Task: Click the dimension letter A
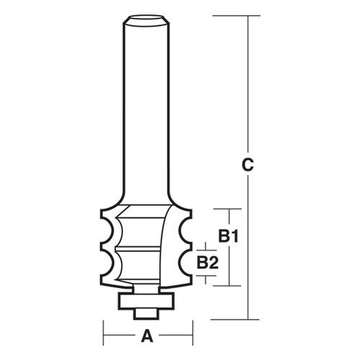coord(148,336)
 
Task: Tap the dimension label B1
coord(228,235)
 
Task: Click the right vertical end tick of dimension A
coord(192,336)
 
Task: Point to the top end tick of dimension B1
coord(228,209)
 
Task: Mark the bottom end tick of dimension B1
coord(228,286)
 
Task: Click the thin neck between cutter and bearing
coord(148,287)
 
